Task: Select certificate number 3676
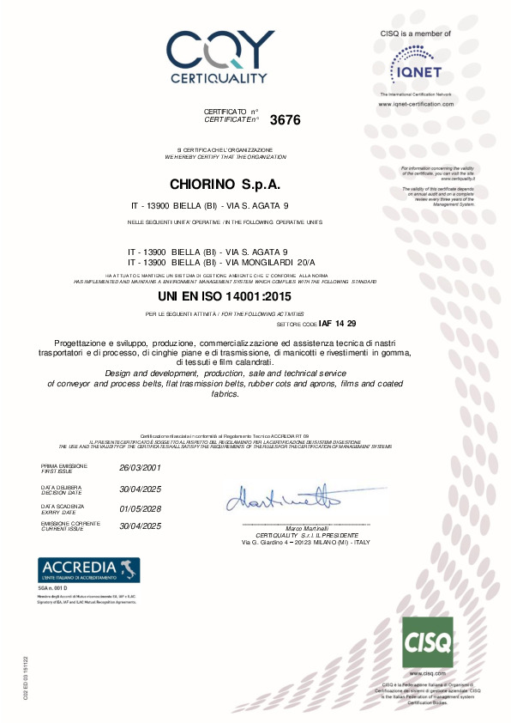tap(286, 120)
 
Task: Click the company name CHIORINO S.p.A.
tap(225, 185)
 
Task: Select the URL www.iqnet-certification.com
tap(416, 103)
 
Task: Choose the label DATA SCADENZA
tap(58, 506)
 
